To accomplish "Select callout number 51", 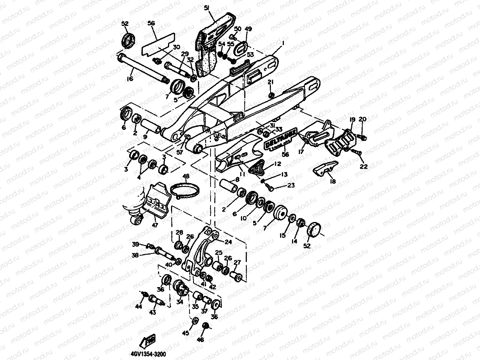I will (207, 8).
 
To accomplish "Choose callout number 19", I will (352, 119).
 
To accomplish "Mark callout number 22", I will (364, 166).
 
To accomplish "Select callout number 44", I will (138, 307).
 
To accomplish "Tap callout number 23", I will (291, 185).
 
